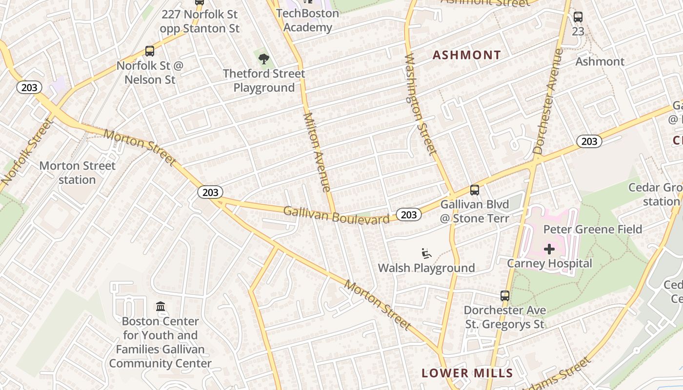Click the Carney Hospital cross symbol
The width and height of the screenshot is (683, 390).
[x=549, y=249]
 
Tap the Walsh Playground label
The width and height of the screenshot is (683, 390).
[x=426, y=268]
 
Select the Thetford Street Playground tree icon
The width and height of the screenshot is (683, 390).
[x=264, y=59]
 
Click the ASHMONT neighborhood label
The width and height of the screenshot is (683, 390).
[x=467, y=55]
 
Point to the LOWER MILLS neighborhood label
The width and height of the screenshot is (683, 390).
[x=467, y=373]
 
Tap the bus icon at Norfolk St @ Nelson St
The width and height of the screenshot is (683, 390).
[x=150, y=51]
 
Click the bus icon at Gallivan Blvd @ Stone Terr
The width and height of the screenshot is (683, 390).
[x=474, y=190]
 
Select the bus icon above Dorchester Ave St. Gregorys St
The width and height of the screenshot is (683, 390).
[x=505, y=295]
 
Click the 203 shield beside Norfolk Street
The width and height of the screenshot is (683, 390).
[x=29, y=88]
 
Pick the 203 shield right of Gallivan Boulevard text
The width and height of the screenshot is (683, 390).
[x=408, y=214]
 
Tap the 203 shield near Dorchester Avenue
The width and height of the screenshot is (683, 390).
[x=589, y=141]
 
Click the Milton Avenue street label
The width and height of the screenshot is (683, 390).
[x=318, y=152]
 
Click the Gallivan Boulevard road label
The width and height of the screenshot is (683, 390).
[x=336, y=214]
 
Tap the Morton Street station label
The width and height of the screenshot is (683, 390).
[x=77, y=173]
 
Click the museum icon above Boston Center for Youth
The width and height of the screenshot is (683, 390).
[x=161, y=306]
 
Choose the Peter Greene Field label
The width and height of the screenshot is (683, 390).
[x=592, y=229]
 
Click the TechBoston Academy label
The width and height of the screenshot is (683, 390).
[x=307, y=20]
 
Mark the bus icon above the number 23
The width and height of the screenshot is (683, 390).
[x=578, y=17]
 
